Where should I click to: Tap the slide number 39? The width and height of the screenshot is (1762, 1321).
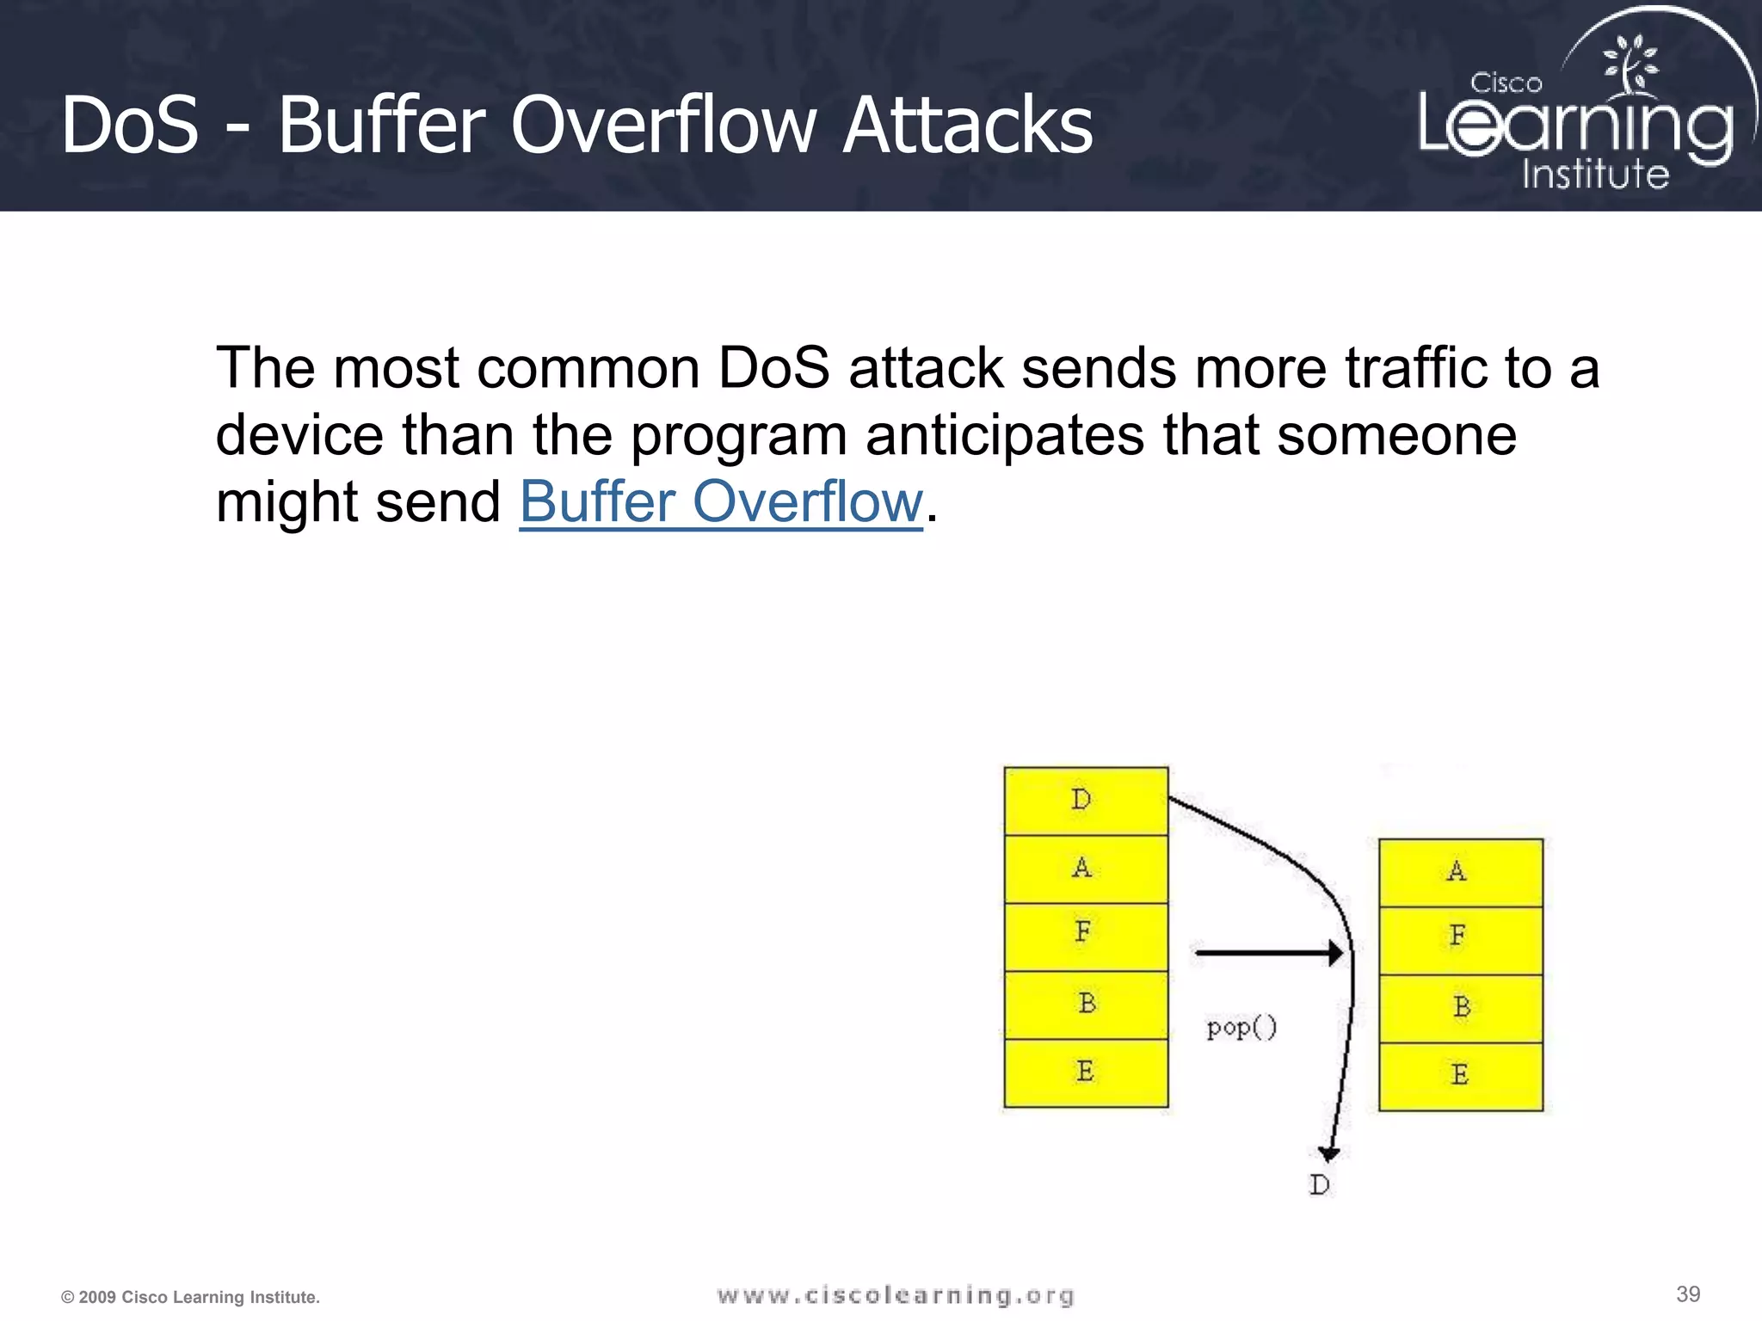pyautogui.click(x=1688, y=1294)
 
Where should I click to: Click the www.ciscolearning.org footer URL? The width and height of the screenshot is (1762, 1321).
pyautogui.click(x=896, y=1295)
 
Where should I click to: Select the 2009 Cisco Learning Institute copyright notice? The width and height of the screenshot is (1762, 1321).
pyautogui.click(x=190, y=1297)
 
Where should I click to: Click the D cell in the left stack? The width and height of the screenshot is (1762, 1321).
pyautogui.click(x=1086, y=801)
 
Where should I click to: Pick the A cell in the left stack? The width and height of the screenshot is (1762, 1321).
pyautogui.click(x=1086, y=869)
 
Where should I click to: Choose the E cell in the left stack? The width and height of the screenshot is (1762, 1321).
pyautogui.click(x=1086, y=1072)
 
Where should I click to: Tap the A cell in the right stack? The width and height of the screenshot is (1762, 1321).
pyautogui.click(x=1460, y=872)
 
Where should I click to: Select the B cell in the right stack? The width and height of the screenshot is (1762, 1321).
pyautogui.click(x=1460, y=1008)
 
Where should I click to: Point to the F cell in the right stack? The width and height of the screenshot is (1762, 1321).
pyautogui.click(x=1460, y=939)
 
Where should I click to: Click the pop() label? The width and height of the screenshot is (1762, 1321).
pyautogui.click(x=1241, y=1028)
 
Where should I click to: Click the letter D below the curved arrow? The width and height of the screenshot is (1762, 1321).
pyautogui.click(x=1319, y=1185)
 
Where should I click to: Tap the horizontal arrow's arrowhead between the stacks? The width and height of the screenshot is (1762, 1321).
pyautogui.click(x=1334, y=953)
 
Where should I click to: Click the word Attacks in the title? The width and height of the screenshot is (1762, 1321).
pyautogui.click(x=967, y=126)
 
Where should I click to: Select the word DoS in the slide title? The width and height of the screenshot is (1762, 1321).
pyautogui.click(x=130, y=126)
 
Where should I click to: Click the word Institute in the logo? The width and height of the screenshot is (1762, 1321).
pyautogui.click(x=1595, y=173)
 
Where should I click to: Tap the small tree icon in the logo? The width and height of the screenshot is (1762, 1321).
pyautogui.click(x=1630, y=64)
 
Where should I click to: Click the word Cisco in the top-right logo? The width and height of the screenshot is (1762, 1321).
pyautogui.click(x=1506, y=83)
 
